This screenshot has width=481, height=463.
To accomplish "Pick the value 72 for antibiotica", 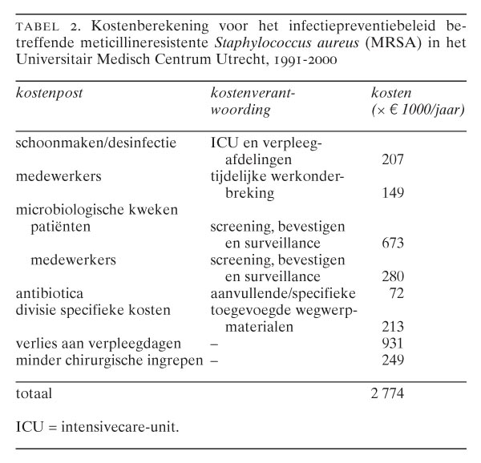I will coord(395,293).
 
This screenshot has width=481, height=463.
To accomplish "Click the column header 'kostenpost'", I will coord(49,93).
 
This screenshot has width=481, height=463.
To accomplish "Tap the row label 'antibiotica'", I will coord(49,293).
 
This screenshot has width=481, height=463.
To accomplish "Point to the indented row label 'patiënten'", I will coord(60,227).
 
